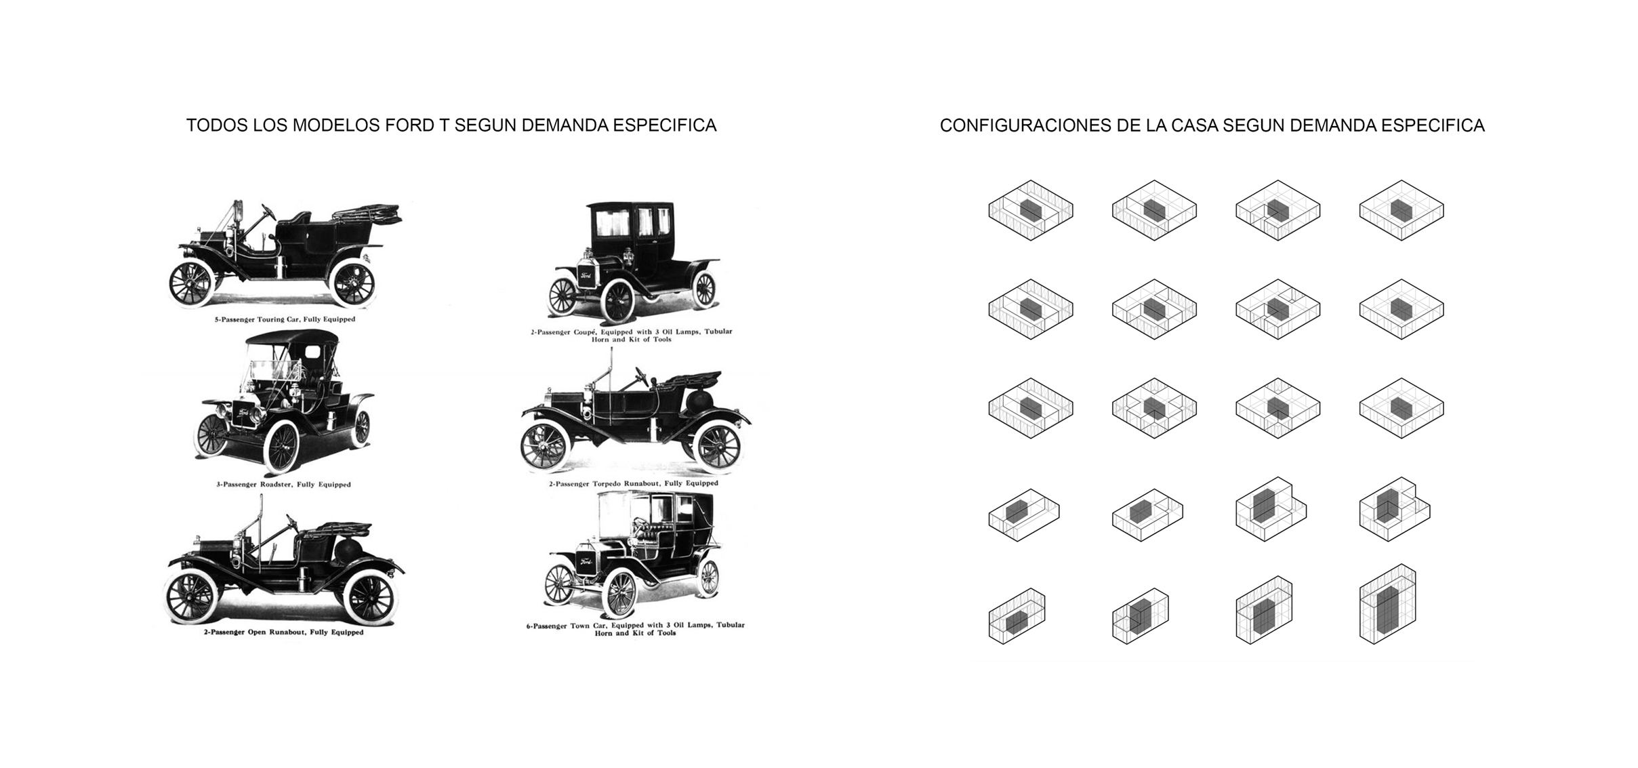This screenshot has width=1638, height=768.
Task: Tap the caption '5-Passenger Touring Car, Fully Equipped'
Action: coord(285,319)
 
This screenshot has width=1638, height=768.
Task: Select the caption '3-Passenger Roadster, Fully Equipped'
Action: coord(284,485)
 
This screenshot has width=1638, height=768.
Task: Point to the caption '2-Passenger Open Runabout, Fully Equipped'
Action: coord(284,632)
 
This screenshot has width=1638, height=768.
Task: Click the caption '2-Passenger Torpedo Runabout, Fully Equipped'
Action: coord(634,483)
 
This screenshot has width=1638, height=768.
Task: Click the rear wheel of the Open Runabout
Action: coord(369,599)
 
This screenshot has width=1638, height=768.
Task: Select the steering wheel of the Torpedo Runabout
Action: coord(640,377)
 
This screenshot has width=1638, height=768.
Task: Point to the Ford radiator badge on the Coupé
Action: coord(586,276)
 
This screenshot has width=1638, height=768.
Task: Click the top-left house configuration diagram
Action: coord(1031,210)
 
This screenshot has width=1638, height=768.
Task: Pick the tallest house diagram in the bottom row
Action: coord(1388,603)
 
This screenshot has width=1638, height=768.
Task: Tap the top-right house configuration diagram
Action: coord(1401,210)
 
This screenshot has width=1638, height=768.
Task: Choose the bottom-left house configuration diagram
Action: coord(1017,615)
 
